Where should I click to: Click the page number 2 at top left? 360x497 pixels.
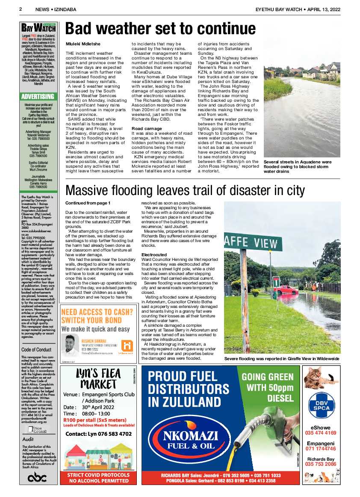point(21,9)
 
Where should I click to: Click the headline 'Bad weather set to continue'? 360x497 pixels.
point(160,29)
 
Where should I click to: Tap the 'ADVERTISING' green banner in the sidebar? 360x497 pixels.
point(38,97)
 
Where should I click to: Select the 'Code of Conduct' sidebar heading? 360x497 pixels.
point(36,349)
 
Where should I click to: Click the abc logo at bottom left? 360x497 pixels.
point(37,477)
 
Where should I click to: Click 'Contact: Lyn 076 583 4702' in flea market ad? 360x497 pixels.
point(98,434)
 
